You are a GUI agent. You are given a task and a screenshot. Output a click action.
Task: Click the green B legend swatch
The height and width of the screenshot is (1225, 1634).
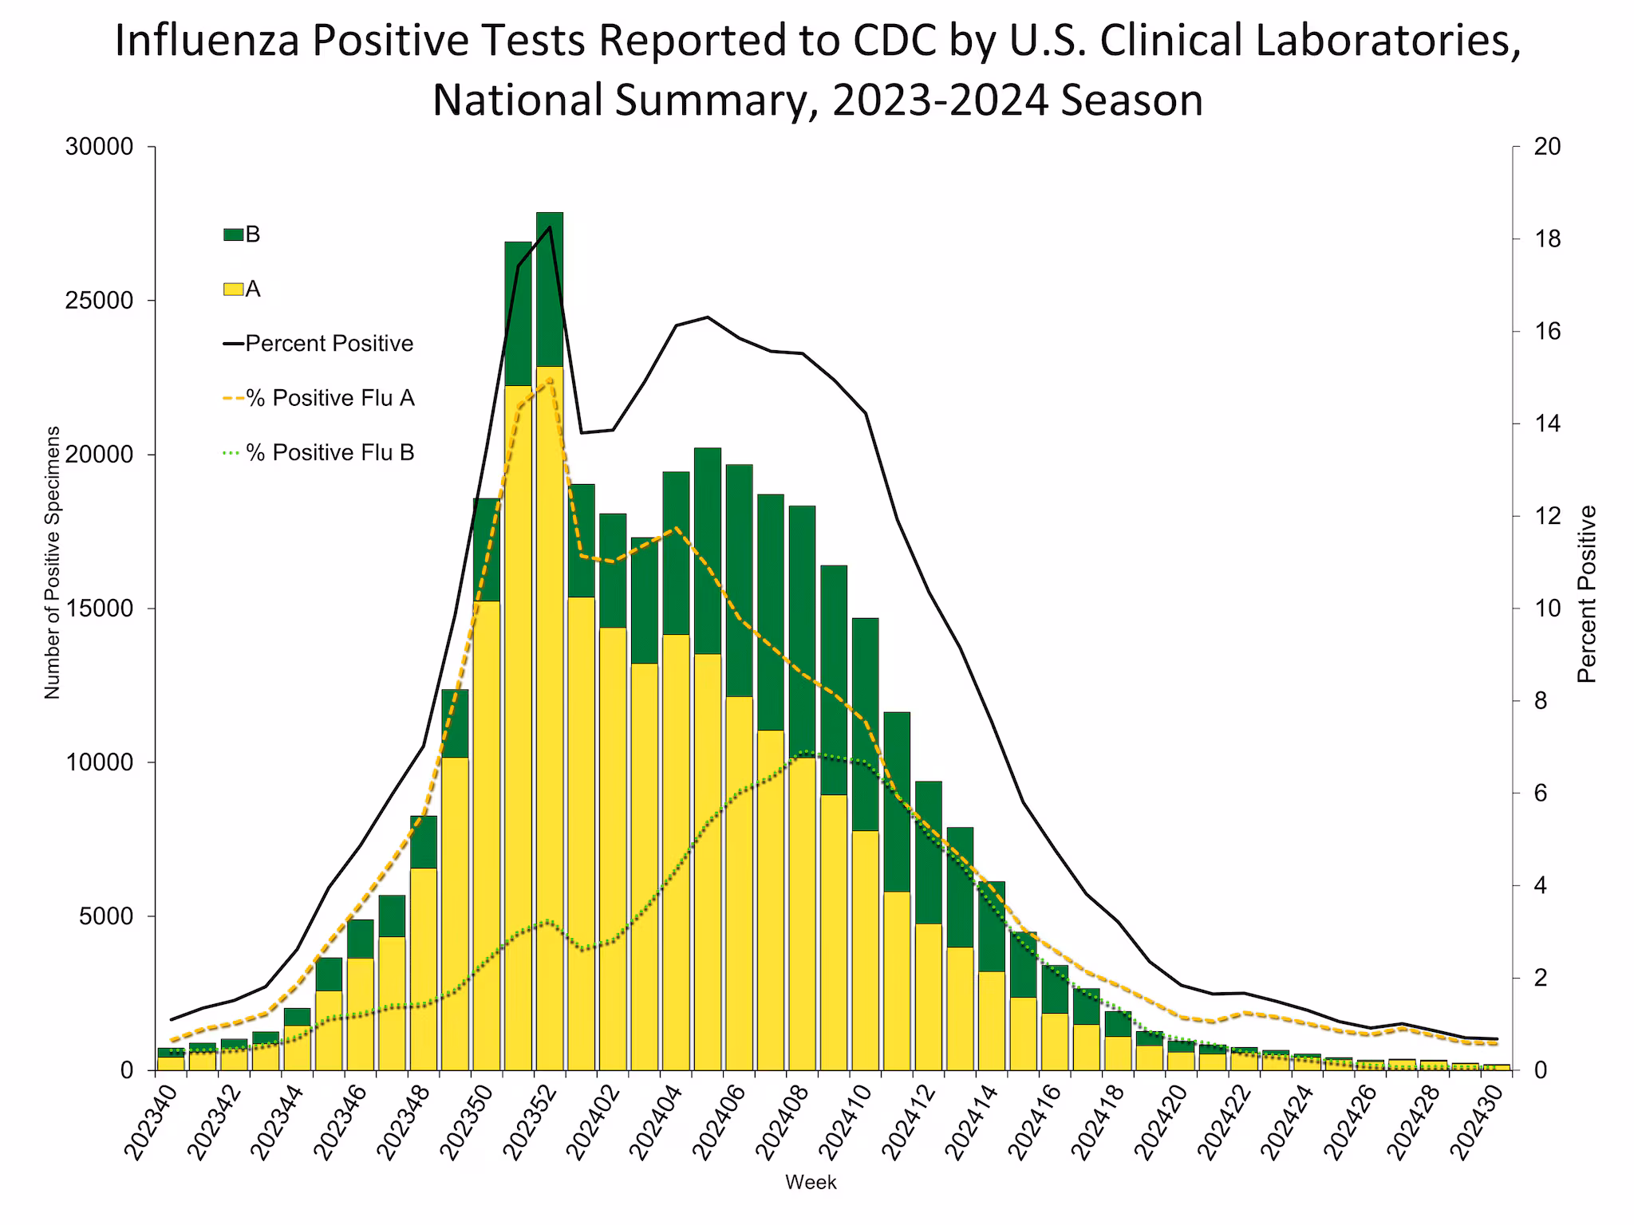pyautogui.click(x=233, y=234)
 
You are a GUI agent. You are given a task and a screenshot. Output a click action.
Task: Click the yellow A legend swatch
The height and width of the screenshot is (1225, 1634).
pyautogui.click(x=233, y=290)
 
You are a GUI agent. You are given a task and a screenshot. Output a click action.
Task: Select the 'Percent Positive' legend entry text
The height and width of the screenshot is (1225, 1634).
pyautogui.click(x=329, y=344)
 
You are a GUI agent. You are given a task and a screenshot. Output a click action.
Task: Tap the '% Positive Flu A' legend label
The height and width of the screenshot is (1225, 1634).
pyautogui.click(x=330, y=398)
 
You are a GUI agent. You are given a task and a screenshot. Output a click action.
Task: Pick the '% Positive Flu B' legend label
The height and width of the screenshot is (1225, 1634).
pyautogui.click(x=330, y=452)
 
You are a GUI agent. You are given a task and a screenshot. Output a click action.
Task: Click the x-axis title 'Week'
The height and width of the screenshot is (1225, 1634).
pyautogui.click(x=811, y=1182)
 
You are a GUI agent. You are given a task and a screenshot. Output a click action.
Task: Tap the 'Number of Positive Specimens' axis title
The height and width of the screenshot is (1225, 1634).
pyautogui.click(x=53, y=562)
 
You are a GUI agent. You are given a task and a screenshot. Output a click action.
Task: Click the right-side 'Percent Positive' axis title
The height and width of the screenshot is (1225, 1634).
pyautogui.click(x=1587, y=594)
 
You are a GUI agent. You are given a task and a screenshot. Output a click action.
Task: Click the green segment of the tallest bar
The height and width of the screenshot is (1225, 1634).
pyautogui.click(x=550, y=289)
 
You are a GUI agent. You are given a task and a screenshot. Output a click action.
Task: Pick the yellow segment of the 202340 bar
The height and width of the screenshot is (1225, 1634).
pyautogui.click(x=171, y=1062)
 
